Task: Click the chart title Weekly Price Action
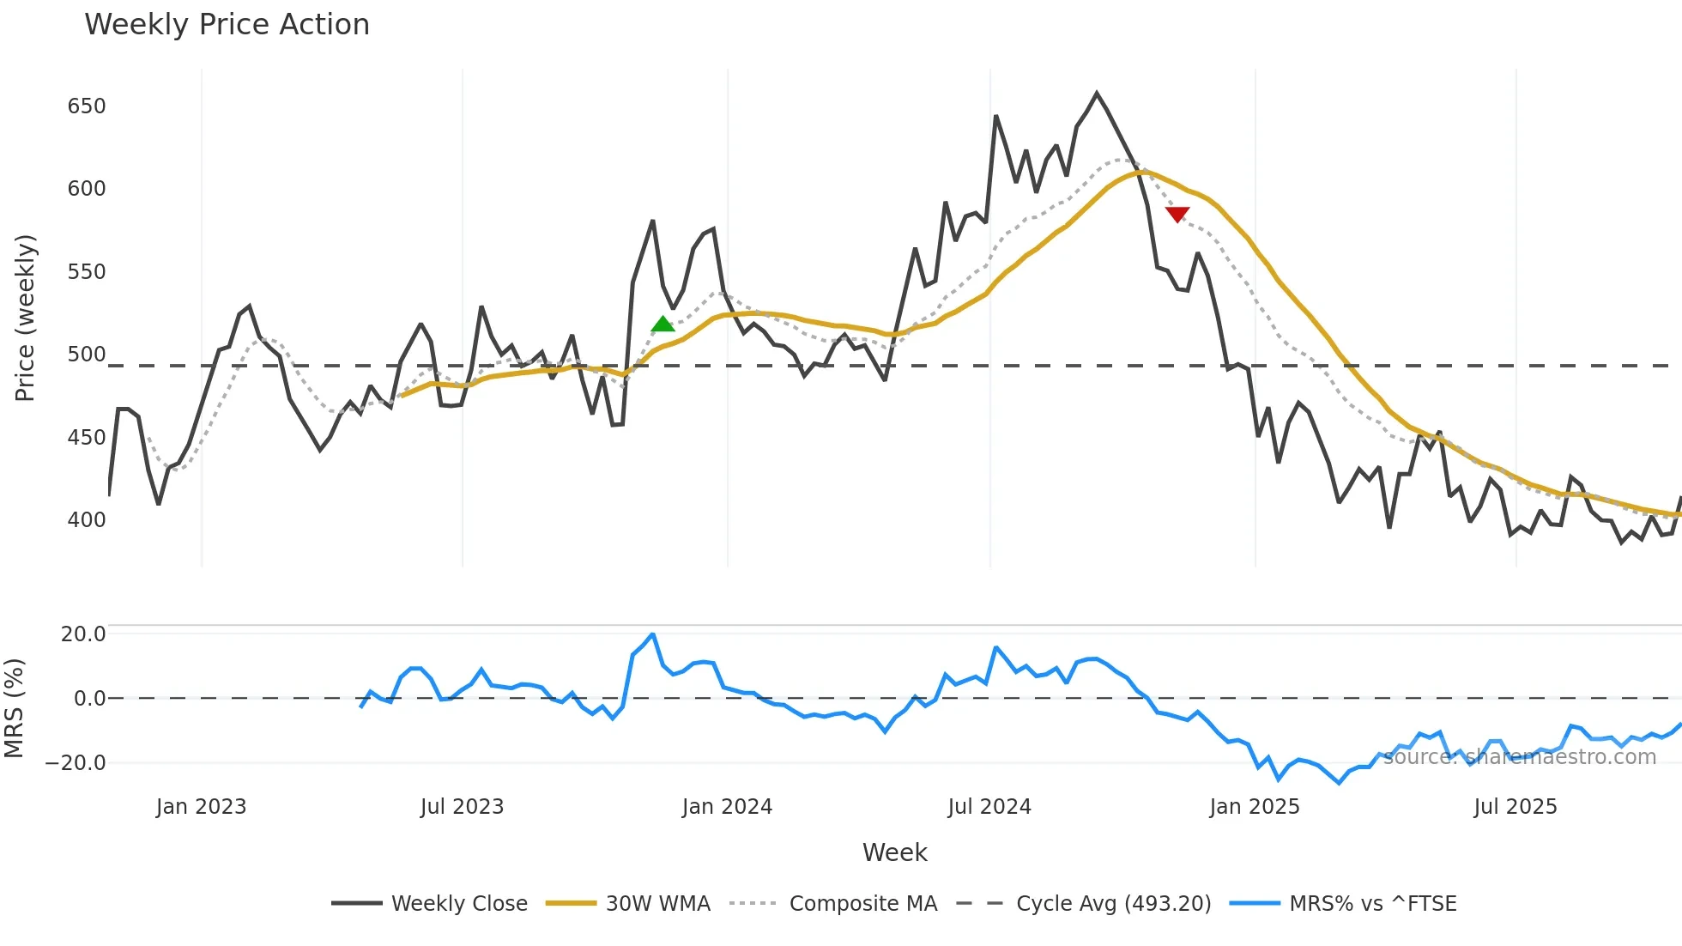click(227, 25)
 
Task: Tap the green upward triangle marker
click(663, 324)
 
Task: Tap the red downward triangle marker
click(1177, 214)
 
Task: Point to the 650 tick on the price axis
click(87, 106)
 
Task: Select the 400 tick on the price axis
click(87, 520)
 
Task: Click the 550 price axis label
click(87, 272)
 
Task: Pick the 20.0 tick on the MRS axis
click(83, 634)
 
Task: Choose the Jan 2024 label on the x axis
click(727, 807)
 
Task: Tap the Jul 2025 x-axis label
click(1515, 807)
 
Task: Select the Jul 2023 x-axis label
click(462, 807)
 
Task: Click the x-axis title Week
click(894, 852)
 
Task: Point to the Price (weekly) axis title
click(25, 318)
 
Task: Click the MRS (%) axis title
click(14, 708)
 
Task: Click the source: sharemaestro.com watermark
click(1519, 757)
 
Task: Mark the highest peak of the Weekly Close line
click(1097, 93)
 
